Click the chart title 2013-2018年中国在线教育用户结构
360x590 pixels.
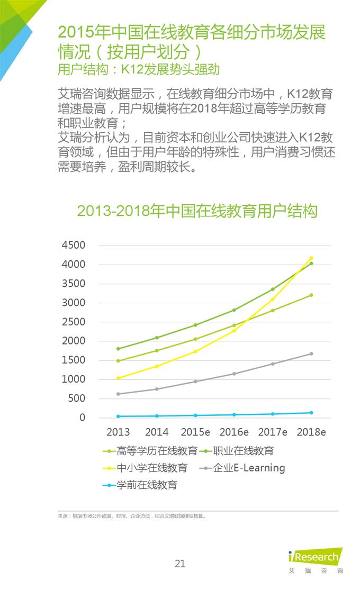click(x=197, y=211)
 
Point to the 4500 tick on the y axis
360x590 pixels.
click(x=74, y=246)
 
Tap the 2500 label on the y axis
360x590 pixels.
click(x=74, y=322)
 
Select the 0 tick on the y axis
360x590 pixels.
click(x=82, y=418)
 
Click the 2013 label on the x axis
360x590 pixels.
click(x=118, y=432)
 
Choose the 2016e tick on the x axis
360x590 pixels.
click(x=234, y=432)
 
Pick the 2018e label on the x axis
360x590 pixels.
click(x=311, y=432)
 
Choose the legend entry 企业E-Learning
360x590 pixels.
click(x=249, y=468)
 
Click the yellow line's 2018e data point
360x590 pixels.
click(x=311, y=258)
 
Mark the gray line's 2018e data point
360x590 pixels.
click(x=311, y=353)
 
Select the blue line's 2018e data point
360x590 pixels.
click(x=311, y=413)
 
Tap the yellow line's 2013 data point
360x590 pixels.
click(x=118, y=378)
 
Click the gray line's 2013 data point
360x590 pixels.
click(x=118, y=394)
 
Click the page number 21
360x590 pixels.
click(x=180, y=564)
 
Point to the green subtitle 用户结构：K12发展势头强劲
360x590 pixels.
click(x=138, y=69)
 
